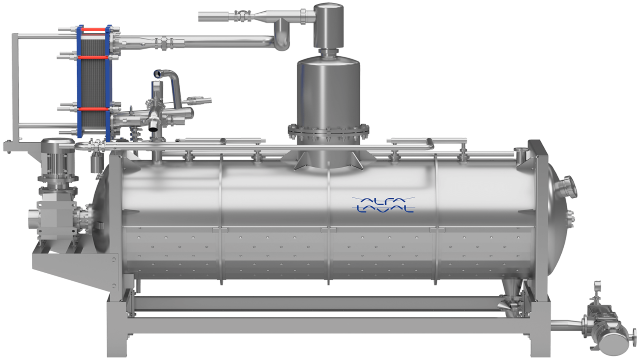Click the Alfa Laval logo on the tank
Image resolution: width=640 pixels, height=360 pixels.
[383, 204]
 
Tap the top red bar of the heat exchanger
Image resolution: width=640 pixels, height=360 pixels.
[94, 30]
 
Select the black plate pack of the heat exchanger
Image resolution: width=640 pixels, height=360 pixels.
[94, 83]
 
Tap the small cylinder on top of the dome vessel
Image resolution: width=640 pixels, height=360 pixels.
[329, 26]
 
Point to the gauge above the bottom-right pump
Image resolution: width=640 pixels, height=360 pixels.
[597, 288]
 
